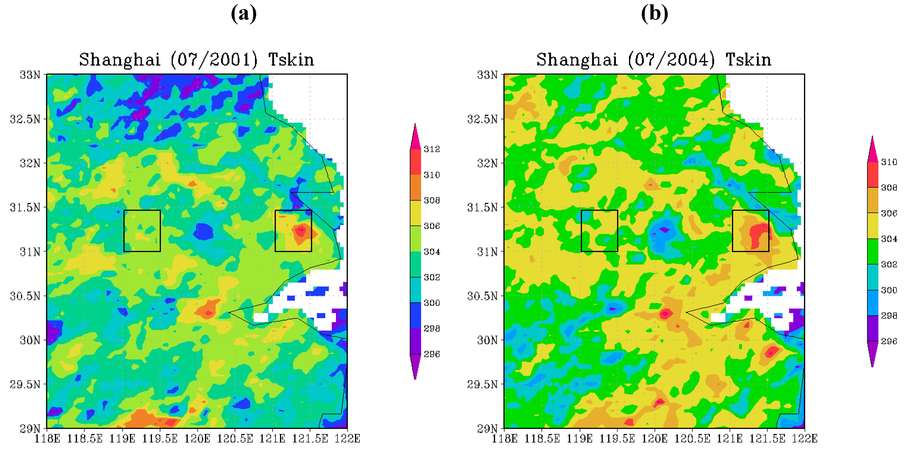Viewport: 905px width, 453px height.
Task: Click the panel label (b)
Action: [x=654, y=14]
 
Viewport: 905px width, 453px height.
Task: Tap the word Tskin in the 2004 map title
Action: [x=748, y=60]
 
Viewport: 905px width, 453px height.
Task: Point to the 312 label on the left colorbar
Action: [x=432, y=149]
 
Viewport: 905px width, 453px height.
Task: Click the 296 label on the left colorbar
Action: [x=432, y=354]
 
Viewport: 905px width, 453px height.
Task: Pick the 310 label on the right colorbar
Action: [x=889, y=162]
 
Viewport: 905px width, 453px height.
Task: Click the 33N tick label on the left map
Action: [x=30, y=75]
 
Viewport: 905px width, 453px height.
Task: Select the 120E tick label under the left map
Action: [x=197, y=439]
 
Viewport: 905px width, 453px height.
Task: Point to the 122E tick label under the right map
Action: [x=804, y=439]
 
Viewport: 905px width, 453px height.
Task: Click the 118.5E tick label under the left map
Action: [x=85, y=439]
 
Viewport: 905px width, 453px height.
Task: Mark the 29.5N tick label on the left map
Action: [x=25, y=384]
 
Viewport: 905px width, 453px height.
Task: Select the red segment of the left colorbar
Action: [x=415, y=162]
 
